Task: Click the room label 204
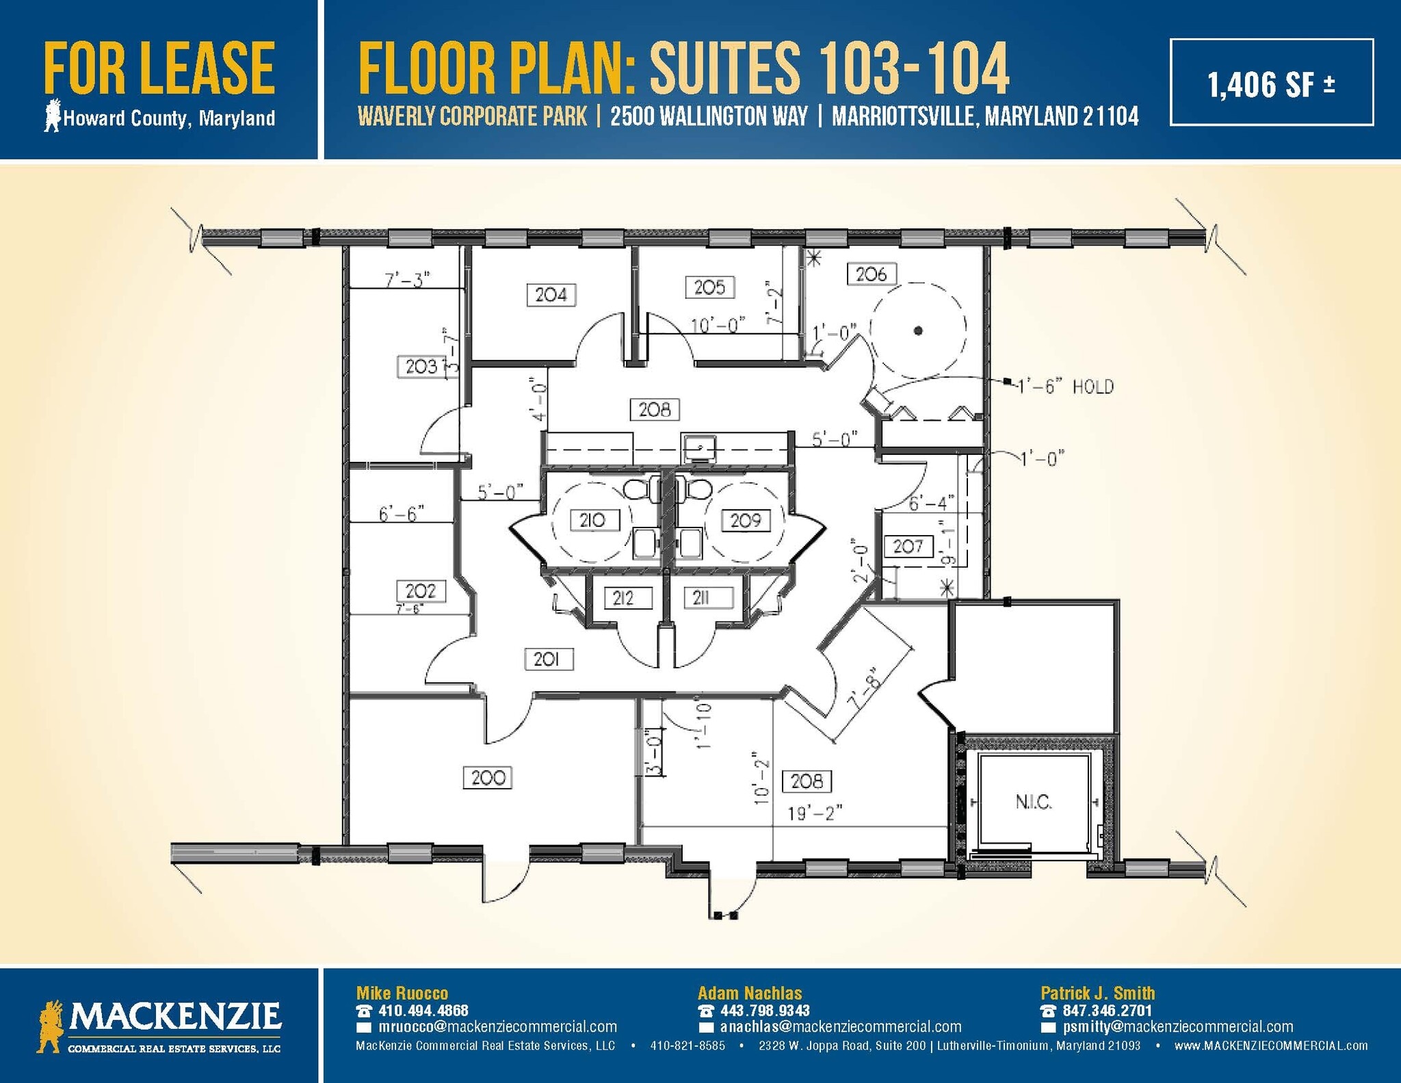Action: [551, 295]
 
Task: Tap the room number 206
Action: [871, 274]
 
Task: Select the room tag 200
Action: [488, 778]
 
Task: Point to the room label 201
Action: [547, 659]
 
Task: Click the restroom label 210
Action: [593, 521]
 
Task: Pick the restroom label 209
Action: [745, 521]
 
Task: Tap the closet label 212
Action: [623, 599]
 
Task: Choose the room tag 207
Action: [908, 546]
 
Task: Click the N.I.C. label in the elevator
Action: [1033, 803]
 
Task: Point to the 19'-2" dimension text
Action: [815, 813]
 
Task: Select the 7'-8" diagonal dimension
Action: [865, 692]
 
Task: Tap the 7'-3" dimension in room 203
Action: [407, 280]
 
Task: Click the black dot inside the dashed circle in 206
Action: [918, 330]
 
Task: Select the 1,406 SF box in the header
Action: [1271, 83]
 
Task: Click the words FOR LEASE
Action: [159, 68]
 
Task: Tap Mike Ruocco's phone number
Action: [423, 1010]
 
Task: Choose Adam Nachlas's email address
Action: [840, 1027]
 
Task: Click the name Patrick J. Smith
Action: [1097, 993]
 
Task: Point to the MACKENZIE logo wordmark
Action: [174, 1017]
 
